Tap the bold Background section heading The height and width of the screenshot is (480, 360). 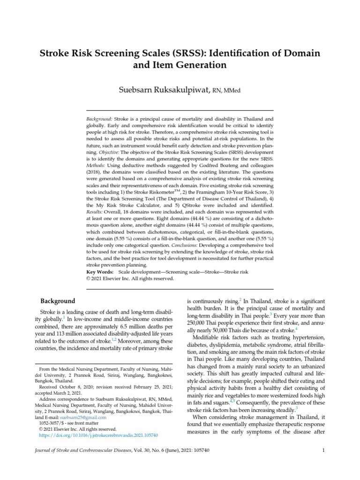57,300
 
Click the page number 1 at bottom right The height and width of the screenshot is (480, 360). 323,451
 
